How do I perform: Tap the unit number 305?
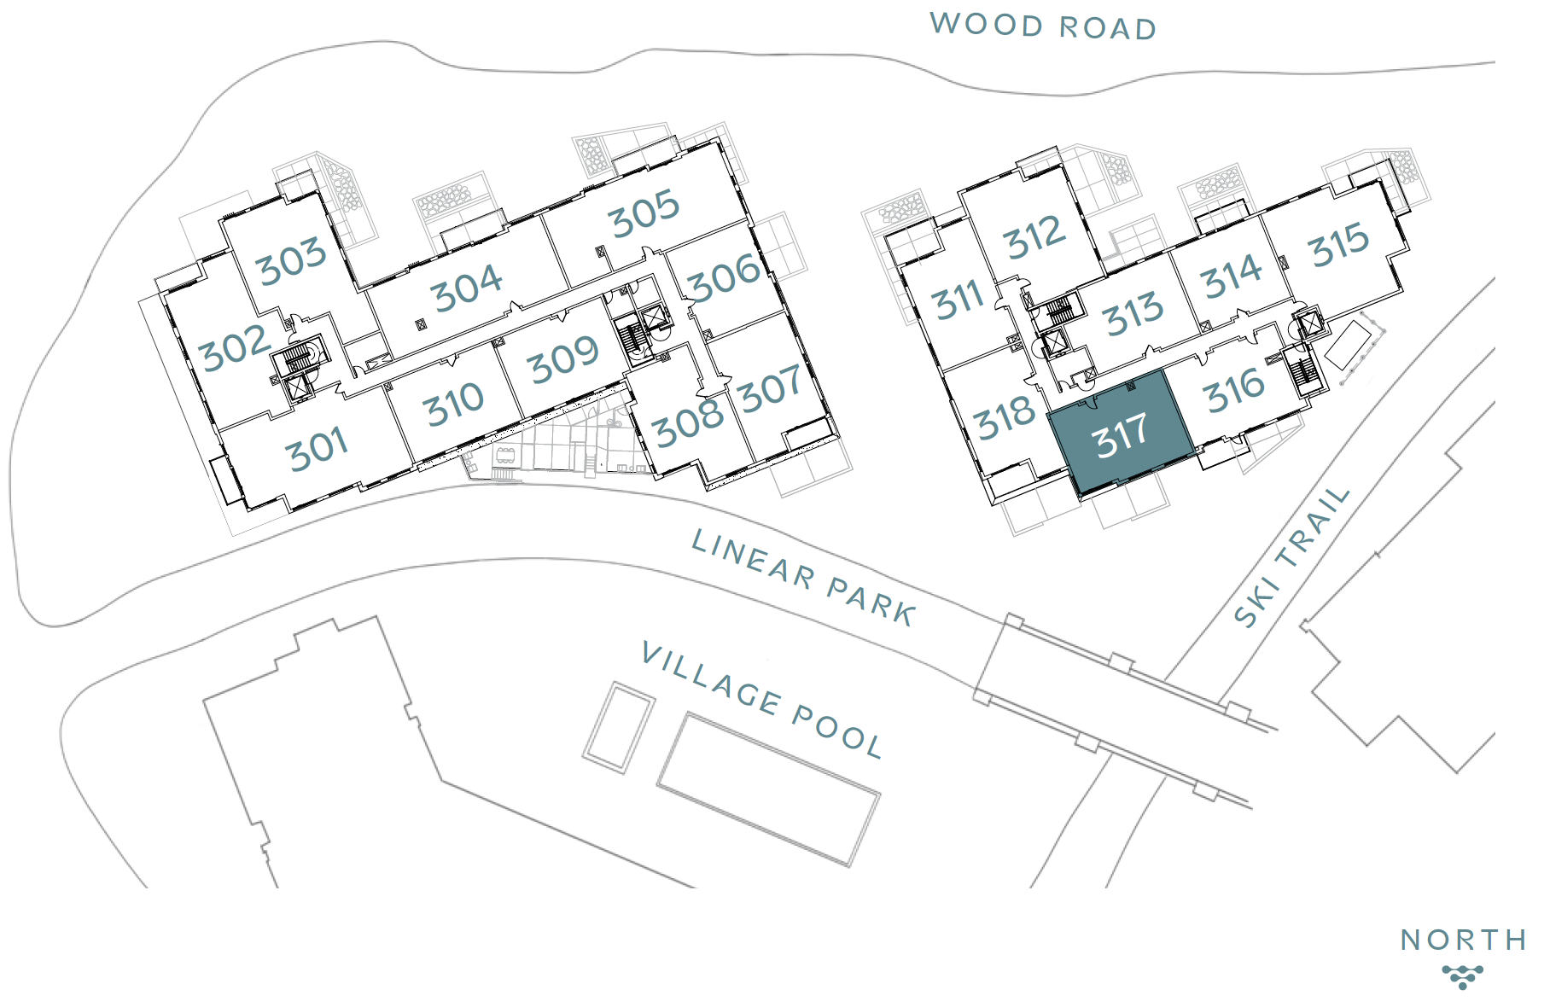[x=644, y=213]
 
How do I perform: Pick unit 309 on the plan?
[x=563, y=359]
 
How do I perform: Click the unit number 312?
[x=1035, y=237]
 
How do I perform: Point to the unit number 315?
[x=1339, y=244]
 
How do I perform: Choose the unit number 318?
[x=1005, y=417]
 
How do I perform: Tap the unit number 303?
[x=292, y=260]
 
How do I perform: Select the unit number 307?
[x=771, y=388]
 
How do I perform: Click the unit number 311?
[x=959, y=300]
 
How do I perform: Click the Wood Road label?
[x=1043, y=26]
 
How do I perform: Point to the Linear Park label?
[x=803, y=577]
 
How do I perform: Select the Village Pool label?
[x=761, y=701]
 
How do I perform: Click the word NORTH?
[x=1464, y=940]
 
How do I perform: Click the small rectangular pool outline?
[x=619, y=728]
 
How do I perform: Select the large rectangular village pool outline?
[x=768, y=789]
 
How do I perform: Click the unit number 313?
[x=1133, y=313]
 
